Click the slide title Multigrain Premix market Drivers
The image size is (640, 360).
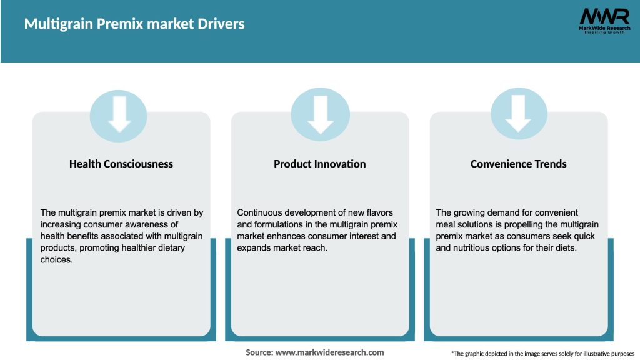pos(134,24)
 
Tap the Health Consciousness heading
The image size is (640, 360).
pos(121,164)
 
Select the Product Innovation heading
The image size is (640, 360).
pos(320,164)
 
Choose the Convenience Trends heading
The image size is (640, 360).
pos(519,164)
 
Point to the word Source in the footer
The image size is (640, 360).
pos(259,352)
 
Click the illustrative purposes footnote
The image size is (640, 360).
pos(542,354)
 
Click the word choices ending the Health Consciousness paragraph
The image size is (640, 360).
pos(57,260)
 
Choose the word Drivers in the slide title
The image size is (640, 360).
pos(222,24)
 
